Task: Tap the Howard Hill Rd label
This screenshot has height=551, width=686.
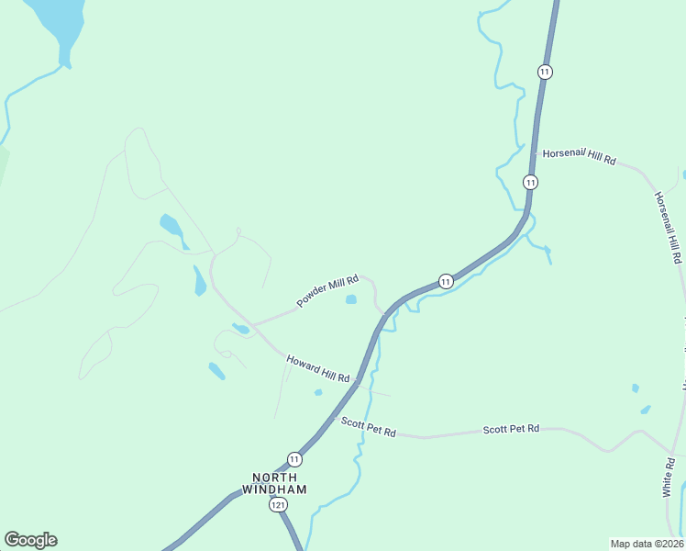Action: (x=318, y=369)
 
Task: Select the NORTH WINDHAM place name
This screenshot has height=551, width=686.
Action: (x=275, y=483)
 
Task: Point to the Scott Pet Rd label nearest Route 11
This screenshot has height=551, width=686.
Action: (x=368, y=428)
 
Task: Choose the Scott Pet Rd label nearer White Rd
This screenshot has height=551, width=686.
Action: (x=512, y=429)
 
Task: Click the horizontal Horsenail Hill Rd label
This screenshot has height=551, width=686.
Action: (x=579, y=157)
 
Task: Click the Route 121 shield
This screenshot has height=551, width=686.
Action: (x=276, y=505)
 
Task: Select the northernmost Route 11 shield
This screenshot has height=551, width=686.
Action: (x=546, y=72)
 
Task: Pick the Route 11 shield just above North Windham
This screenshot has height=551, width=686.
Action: (x=294, y=458)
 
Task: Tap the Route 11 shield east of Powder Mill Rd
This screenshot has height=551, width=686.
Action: (x=446, y=281)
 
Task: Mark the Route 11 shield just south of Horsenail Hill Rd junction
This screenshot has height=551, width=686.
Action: (x=530, y=182)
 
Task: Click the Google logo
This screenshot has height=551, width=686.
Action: (x=30, y=540)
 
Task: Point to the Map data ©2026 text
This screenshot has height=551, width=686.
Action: (x=647, y=544)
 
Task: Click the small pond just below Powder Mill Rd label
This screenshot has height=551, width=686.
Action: (x=350, y=299)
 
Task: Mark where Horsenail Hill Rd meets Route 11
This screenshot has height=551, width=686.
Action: (x=535, y=152)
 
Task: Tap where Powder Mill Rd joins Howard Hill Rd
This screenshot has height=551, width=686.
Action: (x=253, y=326)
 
